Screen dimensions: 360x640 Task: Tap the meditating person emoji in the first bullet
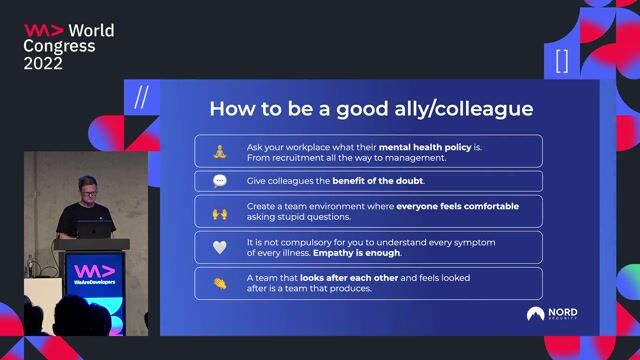[x=220, y=151]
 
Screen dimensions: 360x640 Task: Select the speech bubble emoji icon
[x=220, y=181]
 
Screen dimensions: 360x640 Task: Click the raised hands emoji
[x=220, y=212]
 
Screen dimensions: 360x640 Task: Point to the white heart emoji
[x=220, y=247]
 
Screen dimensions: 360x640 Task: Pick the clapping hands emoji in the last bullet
[x=220, y=283]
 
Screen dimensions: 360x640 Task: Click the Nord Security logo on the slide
[x=552, y=314]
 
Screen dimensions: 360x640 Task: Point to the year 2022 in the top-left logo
[x=43, y=63]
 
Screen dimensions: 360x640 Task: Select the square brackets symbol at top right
[x=561, y=61]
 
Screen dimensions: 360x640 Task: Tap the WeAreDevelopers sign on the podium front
[x=94, y=276]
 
